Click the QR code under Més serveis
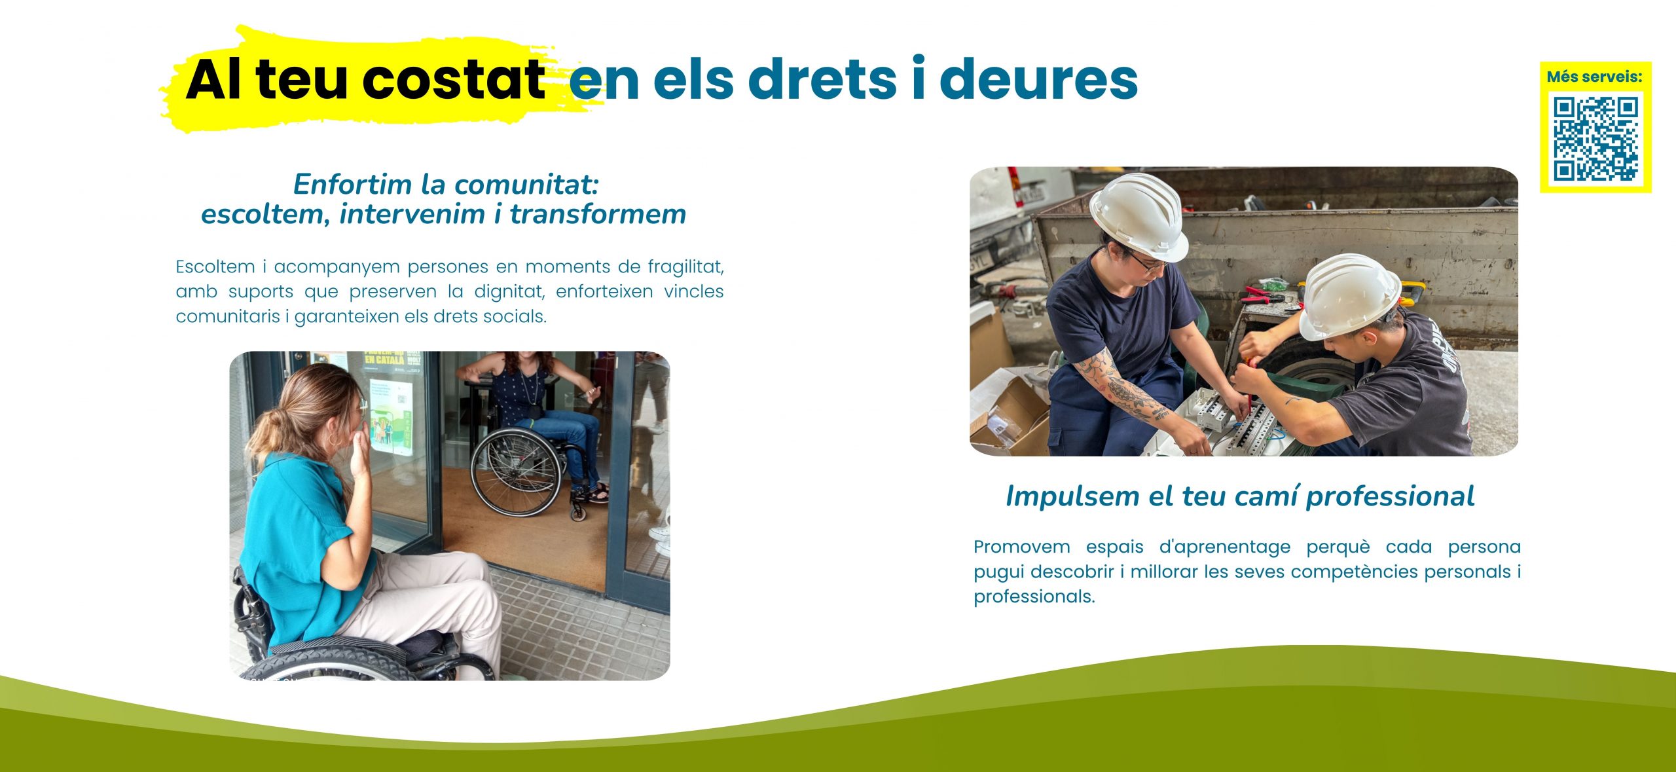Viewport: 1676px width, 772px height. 1595,139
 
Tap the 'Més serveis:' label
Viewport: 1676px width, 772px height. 1594,77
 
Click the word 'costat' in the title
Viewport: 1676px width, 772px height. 453,80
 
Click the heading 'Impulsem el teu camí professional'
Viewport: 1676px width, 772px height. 1240,496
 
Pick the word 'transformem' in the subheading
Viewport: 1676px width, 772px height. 598,214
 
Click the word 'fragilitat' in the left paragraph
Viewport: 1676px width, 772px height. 685,267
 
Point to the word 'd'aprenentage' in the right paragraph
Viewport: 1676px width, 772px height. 1225,547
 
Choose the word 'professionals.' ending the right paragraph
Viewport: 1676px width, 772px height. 1034,597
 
